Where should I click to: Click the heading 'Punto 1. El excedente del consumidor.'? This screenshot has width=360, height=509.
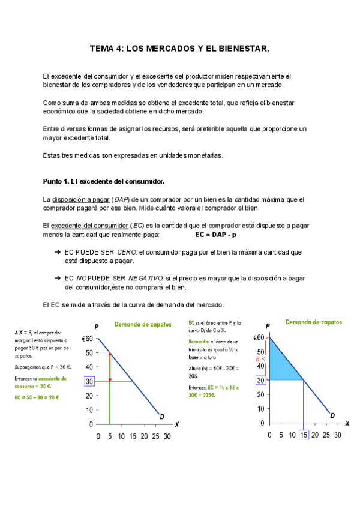104,181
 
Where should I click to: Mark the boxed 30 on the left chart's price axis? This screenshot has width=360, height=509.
89,381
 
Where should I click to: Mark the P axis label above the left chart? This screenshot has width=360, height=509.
97,327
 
